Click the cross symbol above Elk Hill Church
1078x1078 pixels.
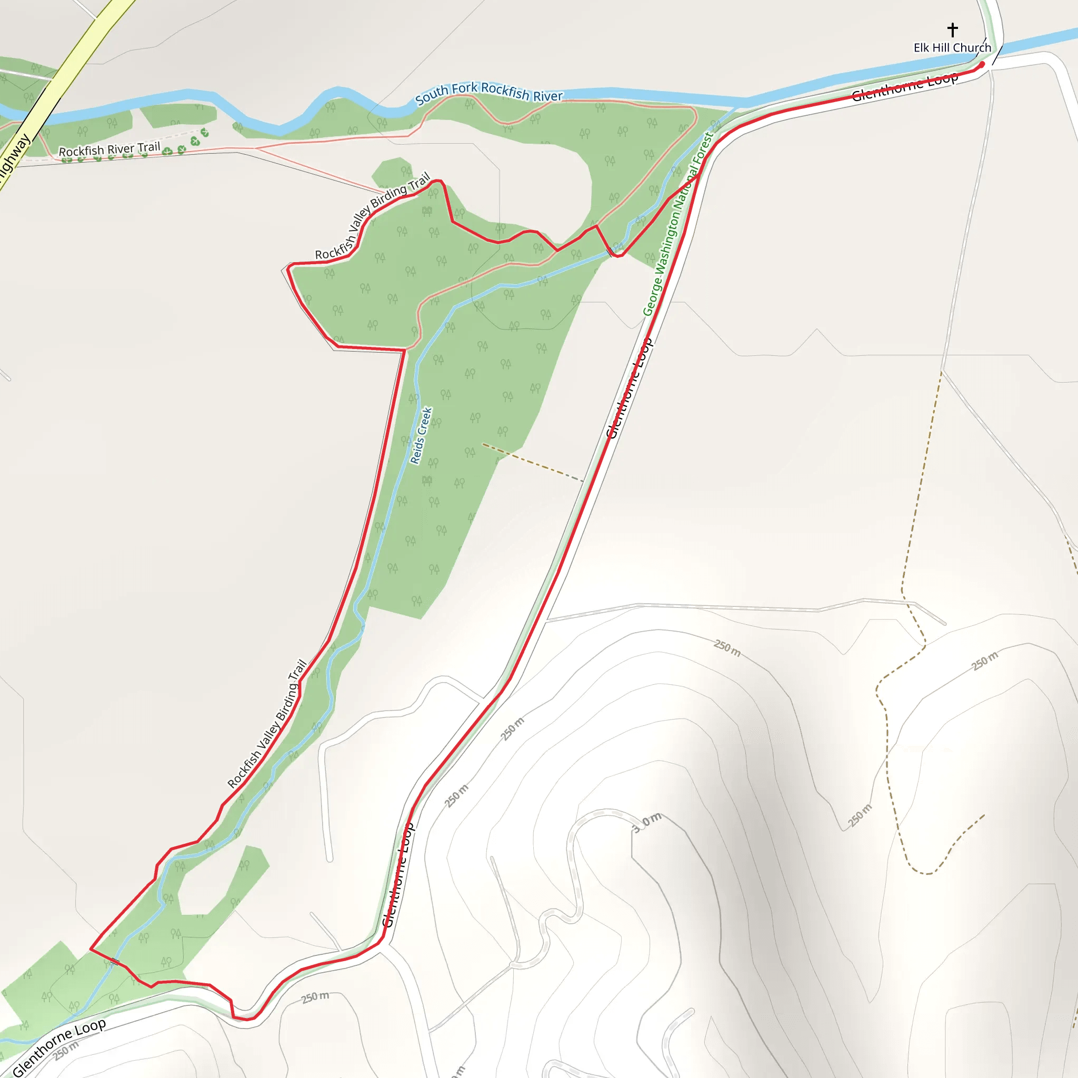tap(952, 29)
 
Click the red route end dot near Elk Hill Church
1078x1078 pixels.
tap(982, 65)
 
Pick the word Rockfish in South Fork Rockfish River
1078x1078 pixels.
tap(505, 91)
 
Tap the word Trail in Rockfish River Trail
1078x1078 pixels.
tap(149, 147)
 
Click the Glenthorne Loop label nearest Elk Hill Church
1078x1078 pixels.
tap(904, 87)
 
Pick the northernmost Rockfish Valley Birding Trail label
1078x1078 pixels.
tap(372, 216)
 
